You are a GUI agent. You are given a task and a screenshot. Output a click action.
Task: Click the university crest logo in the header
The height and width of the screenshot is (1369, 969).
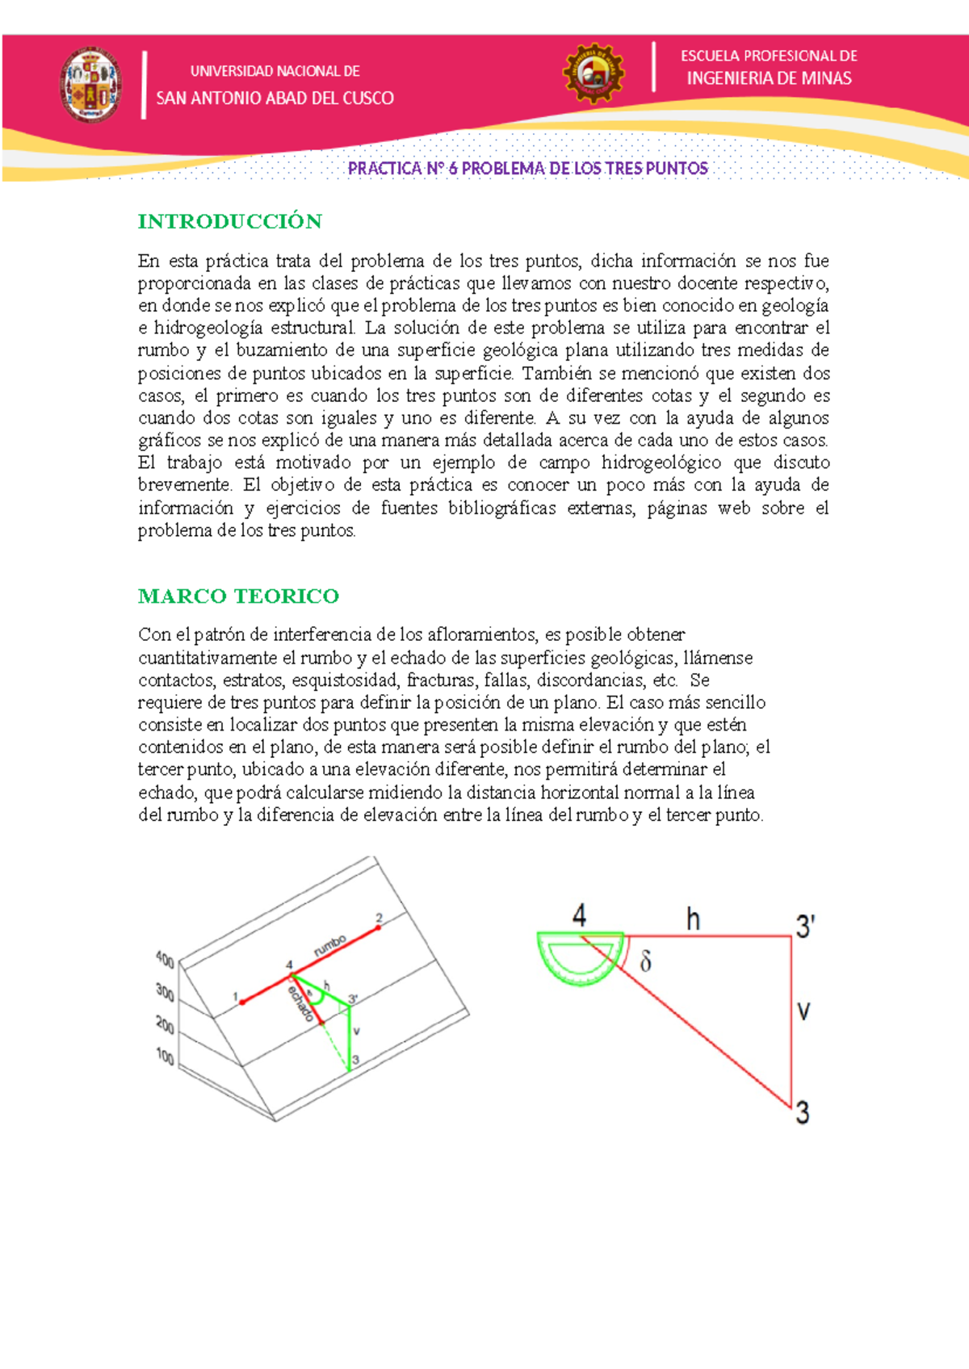click(90, 85)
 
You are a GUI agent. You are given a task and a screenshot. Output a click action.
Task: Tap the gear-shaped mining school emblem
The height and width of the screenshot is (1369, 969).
click(594, 73)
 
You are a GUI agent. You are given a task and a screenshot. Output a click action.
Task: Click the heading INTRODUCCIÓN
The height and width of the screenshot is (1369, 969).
click(229, 221)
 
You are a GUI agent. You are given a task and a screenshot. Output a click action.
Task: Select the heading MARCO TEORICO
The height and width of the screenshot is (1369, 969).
click(238, 596)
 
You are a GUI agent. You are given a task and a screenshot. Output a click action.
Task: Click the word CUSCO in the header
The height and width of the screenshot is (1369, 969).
click(368, 98)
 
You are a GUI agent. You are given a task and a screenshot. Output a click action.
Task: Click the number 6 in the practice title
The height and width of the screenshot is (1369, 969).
click(453, 168)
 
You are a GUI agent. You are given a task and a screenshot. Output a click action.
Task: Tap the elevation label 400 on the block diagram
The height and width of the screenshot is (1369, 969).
click(165, 960)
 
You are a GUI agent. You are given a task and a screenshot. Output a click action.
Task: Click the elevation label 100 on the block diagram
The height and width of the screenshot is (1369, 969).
click(165, 1056)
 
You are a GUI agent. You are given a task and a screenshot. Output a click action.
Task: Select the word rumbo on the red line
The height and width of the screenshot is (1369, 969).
click(330, 945)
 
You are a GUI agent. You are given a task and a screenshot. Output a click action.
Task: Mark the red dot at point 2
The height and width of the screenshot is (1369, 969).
click(378, 928)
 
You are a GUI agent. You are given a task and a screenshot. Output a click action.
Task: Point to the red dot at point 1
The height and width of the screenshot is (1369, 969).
click(242, 1002)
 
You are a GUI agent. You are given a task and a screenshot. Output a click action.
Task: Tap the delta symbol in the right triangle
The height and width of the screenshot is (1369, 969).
click(646, 961)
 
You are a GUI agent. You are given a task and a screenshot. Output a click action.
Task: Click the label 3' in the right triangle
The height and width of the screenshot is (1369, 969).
click(805, 926)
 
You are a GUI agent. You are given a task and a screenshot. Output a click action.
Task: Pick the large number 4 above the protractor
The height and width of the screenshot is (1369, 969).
click(579, 915)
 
